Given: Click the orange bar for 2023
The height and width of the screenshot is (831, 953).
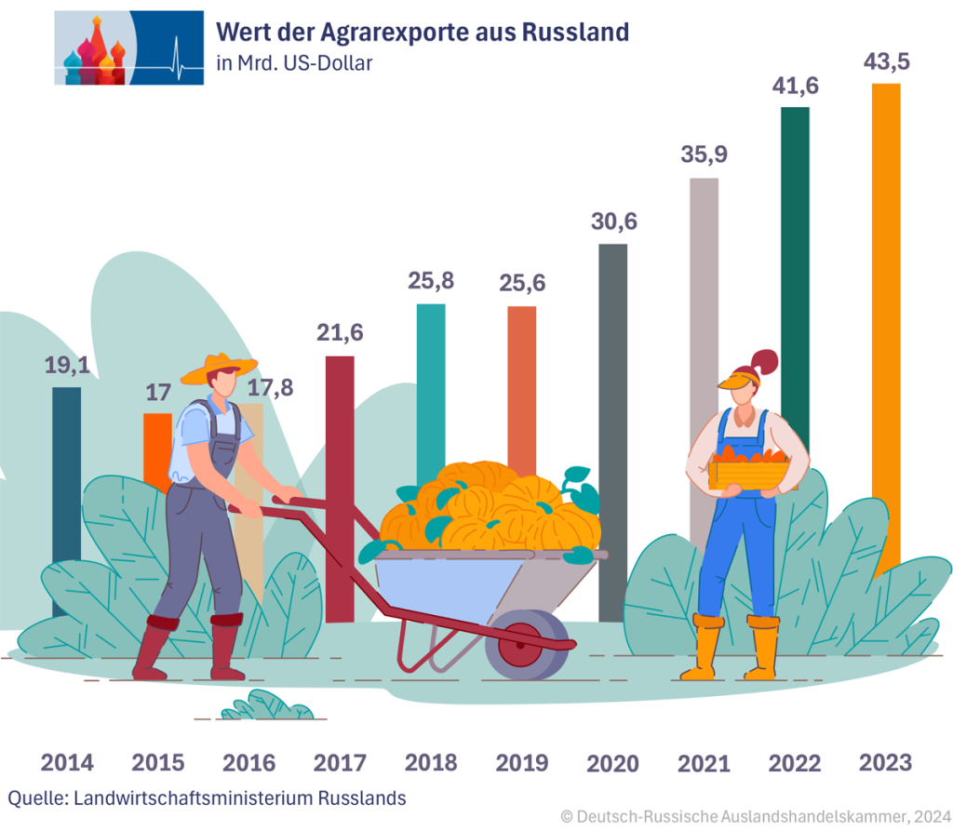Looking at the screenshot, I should tap(885, 279).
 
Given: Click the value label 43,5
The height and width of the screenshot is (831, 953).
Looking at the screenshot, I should tap(886, 62).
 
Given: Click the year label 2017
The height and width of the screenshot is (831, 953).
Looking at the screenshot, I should tap(340, 763).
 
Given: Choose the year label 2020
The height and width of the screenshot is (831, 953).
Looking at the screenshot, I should tap(612, 764).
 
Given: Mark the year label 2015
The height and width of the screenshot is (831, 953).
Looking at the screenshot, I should tap(157, 763).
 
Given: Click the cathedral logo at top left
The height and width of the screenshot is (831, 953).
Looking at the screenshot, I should tap(128, 48).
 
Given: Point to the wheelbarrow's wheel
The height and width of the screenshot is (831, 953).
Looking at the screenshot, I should tap(526, 643).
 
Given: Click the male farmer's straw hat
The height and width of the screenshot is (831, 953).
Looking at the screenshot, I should tap(219, 369).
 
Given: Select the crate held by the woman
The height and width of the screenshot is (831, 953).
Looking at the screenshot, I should tap(748, 470).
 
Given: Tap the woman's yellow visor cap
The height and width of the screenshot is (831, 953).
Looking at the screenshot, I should tap(738, 379).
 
